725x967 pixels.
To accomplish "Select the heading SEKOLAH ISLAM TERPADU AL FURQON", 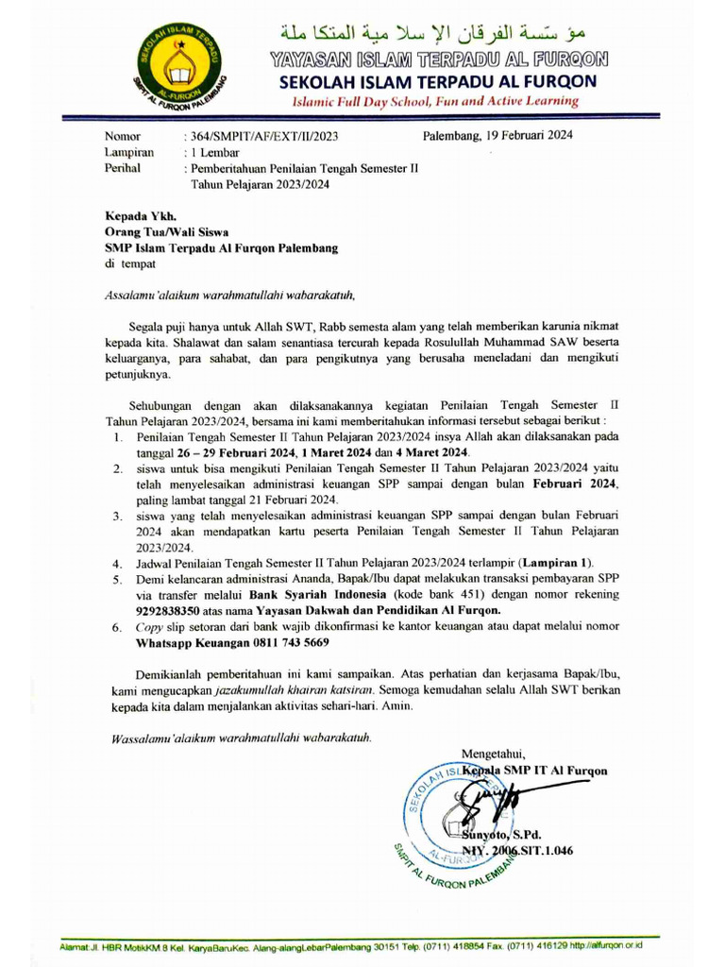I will tap(438, 81).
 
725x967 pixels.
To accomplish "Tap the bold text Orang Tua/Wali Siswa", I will tap(165, 232).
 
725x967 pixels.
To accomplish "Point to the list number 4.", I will tap(116, 564).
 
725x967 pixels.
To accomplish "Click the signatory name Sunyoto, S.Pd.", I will tap(502, 835).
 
